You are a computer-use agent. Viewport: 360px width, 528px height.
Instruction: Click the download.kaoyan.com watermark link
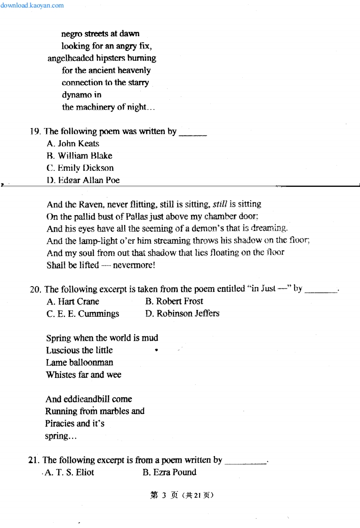(32, 6)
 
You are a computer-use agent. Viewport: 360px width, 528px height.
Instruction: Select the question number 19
(35, 132)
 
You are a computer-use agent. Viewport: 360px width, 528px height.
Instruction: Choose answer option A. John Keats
(73, 144)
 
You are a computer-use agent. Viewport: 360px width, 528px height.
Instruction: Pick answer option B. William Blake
(79, 156)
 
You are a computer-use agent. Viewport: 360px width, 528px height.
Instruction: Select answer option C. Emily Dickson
(80, 168)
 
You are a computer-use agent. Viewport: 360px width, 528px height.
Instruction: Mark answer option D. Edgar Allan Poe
(83, 180)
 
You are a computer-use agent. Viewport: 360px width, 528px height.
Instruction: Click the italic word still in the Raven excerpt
(220, 204)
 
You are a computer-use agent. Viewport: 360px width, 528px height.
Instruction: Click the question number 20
(35, 289)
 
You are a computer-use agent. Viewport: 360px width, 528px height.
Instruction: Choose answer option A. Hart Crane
(73, 302)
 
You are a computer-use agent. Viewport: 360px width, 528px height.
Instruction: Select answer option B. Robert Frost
(174, 302)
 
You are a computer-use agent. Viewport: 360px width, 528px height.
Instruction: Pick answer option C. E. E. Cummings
(83, 314)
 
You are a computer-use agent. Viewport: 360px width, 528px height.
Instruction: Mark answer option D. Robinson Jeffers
(182, 313)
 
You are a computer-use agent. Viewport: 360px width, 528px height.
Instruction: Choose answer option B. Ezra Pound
(169, 472)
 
